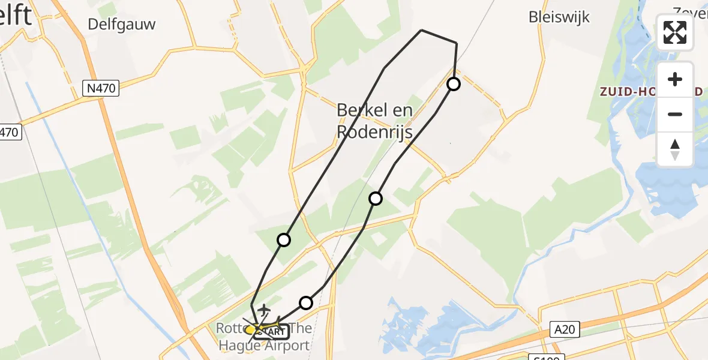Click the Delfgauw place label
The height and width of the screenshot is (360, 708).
click(121, 24)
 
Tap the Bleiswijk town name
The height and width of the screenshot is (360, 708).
click(559, 17)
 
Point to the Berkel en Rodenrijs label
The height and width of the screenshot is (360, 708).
click(374, 121)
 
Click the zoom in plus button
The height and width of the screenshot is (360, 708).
click(675, 79)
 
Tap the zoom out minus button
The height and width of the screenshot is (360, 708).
click(675, 114)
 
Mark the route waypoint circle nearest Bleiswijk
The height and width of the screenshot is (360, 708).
click(454, 84)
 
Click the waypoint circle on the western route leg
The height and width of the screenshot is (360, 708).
click(284, 240)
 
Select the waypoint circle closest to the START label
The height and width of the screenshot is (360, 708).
click(306, 303)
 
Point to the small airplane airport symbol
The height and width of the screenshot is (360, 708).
click(263, 310)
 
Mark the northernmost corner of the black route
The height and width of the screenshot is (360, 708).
click(422, 30)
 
